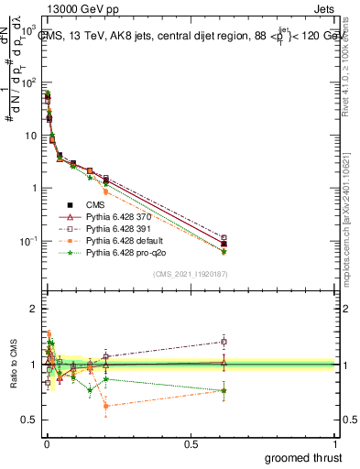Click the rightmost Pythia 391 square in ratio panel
coord(224,342)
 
